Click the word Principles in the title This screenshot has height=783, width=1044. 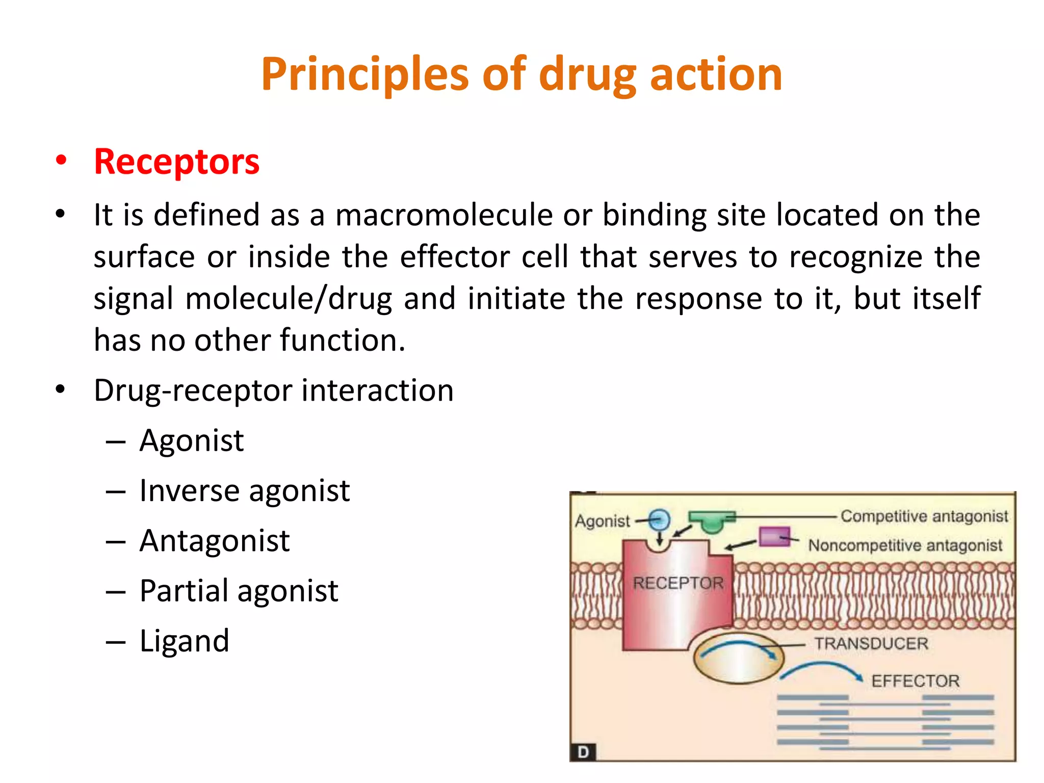click(364, 75)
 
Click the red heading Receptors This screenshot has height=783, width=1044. click(176, 162)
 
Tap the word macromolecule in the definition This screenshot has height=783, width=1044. click(443, 215)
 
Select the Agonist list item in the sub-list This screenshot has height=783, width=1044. click(192, 440)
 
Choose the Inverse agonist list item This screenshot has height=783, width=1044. click(245, 491)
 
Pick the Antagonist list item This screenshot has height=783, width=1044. click(215, 541)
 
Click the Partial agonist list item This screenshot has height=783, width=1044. click(239, 591)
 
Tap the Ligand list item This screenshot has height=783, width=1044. click(185, 641)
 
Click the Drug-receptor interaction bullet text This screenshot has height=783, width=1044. click(274, 391)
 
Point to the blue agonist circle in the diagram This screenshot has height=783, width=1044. click(659, 520)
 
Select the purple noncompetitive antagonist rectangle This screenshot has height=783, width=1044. click(774, 537)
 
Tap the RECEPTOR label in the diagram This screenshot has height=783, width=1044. click(678, 583)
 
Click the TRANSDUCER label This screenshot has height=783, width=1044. click(871, 643)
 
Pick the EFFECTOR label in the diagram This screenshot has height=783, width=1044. click(915, 681)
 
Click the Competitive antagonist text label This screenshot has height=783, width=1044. click(924, 516)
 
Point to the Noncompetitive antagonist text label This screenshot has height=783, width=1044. click(905, 545)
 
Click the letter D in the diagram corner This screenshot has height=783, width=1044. click(584, 752)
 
